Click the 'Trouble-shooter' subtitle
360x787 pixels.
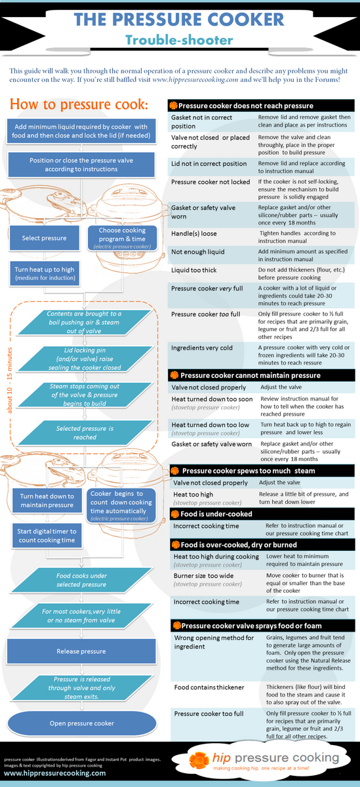[x=179, y=40]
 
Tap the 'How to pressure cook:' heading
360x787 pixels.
[x=79, y=104]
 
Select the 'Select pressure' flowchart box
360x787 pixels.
[x=44, y=238]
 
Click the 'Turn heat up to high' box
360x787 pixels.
[x=45, y=273]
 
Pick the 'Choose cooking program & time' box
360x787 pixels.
[x=122, y=238]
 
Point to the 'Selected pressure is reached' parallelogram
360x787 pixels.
[x=85, y=433]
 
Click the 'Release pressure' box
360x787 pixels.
[x=81, y=651]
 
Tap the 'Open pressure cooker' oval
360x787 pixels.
[x=82, y=723]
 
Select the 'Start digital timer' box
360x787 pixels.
[x=47, y=536]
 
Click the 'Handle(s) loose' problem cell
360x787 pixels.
[x=194, y=233]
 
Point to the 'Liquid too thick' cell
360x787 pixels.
[x=194, y=270]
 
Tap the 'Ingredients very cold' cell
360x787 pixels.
[x=202, y=348]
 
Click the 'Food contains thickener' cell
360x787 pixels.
[x=209, y=687]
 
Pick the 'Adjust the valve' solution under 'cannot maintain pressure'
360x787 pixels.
[x=281, y=387]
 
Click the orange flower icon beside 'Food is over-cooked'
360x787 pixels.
[x=176, y=544]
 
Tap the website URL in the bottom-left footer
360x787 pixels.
[x=55, y=773]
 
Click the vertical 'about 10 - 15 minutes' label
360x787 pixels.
[x=9, y=380]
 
